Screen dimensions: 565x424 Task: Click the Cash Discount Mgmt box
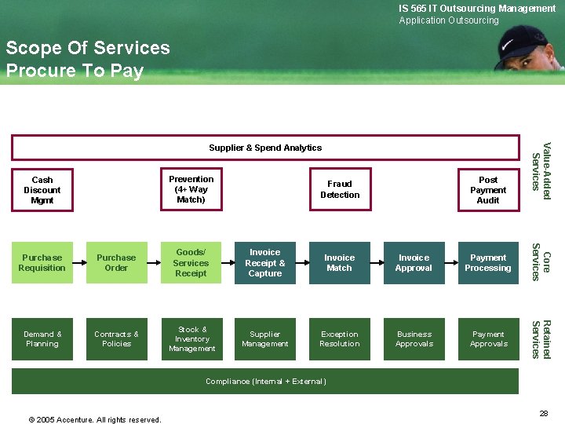pyautogui.click(x=42, y=190)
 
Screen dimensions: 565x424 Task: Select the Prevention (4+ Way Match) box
pyautogui.click(x=191, y=189)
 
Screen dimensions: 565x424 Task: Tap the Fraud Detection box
pyautogui.click(x=340, y=189)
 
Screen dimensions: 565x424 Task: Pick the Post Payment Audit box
pyautogui.click(x=488, y=189)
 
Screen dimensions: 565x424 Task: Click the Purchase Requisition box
pyautogui.click(x=42, y=263)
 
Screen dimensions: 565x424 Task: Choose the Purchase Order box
pyautogui.click(x=116, y=263)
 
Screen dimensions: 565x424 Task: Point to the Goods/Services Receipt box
pyautogui.click(x=191, y=263)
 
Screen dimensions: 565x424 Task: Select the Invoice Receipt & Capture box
pyautogui.click(x=265, y=263)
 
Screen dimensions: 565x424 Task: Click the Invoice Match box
pyautogui.click(x=340, y=263)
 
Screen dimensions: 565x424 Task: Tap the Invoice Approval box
pyautogui.click(x=414, y=263)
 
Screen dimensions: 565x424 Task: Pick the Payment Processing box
pyautogui.click(x=488, y=263)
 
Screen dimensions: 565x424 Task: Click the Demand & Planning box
pyautogui.click(x=42, y=339)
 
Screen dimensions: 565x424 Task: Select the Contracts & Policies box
pyautogui.click(x=116, y=339)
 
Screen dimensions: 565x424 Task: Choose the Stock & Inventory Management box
pyautogui.click(x=191, y=339)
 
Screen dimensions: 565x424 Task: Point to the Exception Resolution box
pyautogui.click(x=340, y=339)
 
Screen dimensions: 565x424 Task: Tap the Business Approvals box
pyautogui.click(x=414, y=339)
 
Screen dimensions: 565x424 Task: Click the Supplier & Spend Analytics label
pyautogui.click(x=265, y=148)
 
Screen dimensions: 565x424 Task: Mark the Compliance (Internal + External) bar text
pyautogui.click(x=265, y=382)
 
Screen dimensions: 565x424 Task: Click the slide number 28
pyautogui.click(x=543, y=413)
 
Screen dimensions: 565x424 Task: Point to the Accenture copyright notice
pyautogui.click(x=95, y=419)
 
